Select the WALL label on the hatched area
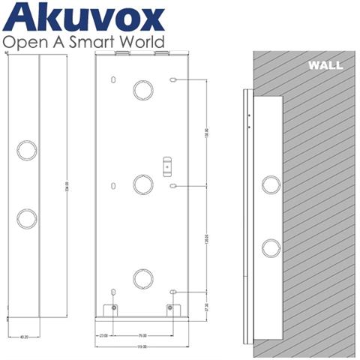pos(325,66)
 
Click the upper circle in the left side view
pos(26,147)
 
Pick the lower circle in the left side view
pos(26,218)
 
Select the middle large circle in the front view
pos(142,184)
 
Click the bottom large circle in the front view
pos(142,278)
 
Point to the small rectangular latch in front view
pos(166,163)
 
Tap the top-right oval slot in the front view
pos(173,79)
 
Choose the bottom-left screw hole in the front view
pos(114,307)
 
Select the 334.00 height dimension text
pos(67,184)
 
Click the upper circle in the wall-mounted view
pos(268,184)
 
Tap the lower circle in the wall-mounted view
pos(268,248)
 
